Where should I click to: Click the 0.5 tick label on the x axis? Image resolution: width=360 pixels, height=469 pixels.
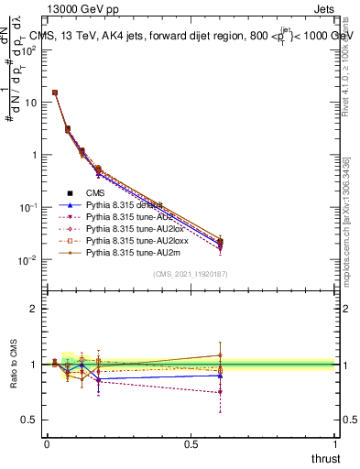click(191, 443)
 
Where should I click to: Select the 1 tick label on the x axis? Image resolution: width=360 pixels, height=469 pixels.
click(336, 443)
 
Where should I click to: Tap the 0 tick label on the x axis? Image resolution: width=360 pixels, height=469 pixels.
click(46, 443)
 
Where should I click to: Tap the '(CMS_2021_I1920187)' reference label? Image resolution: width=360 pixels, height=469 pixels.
click(191, 274)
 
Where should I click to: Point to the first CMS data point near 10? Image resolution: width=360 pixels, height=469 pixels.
click(55, 93)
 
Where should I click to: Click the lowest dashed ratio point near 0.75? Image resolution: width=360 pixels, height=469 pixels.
click(220, 392)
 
